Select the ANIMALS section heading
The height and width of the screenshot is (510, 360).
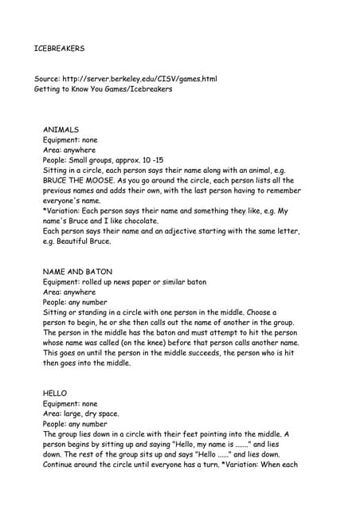point(61,129)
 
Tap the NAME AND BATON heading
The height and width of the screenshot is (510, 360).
point(77,271)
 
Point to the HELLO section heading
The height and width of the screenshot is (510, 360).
point(55,394)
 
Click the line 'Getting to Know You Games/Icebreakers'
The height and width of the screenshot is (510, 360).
point(103,89)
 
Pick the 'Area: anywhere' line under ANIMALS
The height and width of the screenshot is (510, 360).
point(68,150)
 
